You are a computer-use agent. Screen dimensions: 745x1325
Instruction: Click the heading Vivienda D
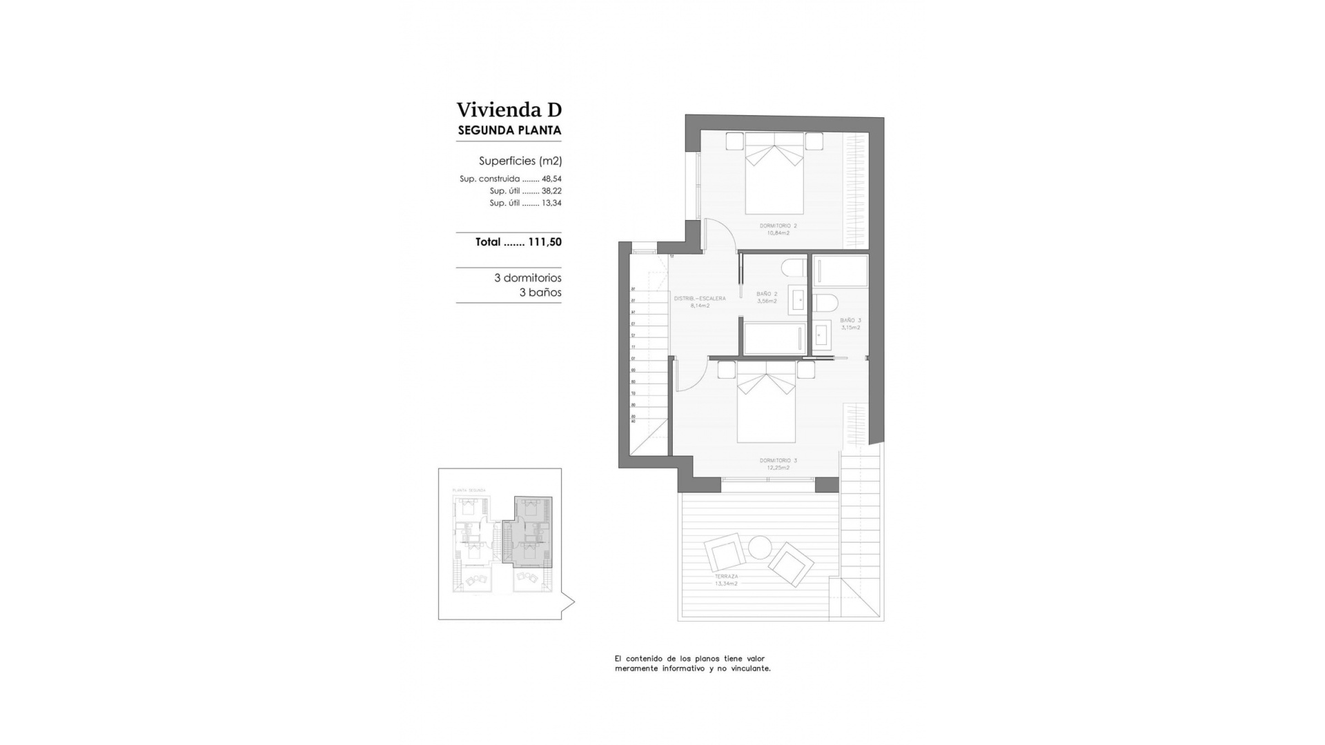pyautogui.click(x=509, y=110)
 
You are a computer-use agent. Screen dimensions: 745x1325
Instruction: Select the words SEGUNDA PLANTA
pyautogui.click(x=509, y=130)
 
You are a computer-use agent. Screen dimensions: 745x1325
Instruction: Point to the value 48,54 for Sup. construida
pyautogui.click(x=551, y=179)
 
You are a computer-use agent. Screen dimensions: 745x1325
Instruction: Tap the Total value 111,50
pyautogui.click(x=544, y=242)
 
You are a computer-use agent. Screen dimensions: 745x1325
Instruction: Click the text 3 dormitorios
pyautogui.click(x=527, y=278)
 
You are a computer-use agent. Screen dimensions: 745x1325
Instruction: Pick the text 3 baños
pyautogui.click(x=540, y=292)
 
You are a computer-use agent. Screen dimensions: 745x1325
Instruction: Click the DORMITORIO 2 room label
pyautogui.click(x=778, y=226)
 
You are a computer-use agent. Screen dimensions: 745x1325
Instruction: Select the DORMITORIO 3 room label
pyautogui.click(x=778, y=461)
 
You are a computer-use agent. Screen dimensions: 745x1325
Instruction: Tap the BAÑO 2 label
pyautogui.click(x=766, y=294)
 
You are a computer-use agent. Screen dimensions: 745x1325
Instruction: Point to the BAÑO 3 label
pyautogui.click(x=850, y=321)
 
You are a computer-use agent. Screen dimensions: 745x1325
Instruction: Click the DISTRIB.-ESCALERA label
pyautogui.click(x=699, y=299)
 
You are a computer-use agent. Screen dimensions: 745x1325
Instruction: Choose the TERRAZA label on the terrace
pyautogui.click(x=726, y=577)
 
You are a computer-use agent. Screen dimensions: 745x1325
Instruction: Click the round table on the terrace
pyautogui.click(x=760, y=548)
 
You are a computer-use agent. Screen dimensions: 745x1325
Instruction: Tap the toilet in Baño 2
pyautogui.click(x=794, y=268)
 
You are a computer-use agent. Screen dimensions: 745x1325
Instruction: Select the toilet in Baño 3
pyautogui.click(x=825, y=303)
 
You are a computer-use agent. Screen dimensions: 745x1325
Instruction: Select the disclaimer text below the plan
pyautogui.click(x=692, y=664)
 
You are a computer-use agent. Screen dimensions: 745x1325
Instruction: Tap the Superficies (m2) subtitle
pyautogui.click(x=520, y=161)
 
